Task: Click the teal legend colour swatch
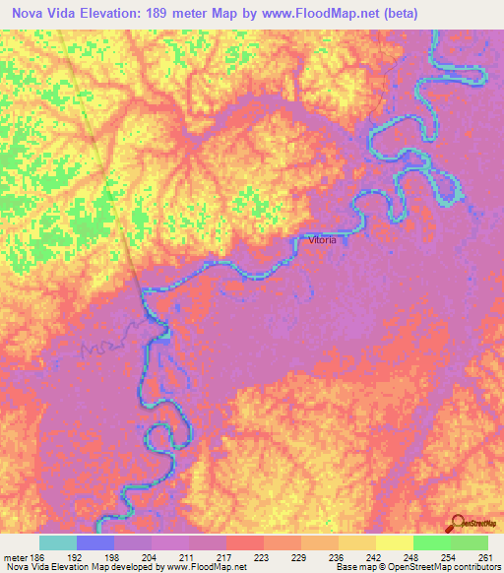(x=58, y=542)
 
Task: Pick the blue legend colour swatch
(x=95, y=542)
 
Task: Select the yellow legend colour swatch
(x=394, y=542)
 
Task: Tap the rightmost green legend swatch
(x=469, y=542)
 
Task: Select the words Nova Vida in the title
(x=44, y=14)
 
